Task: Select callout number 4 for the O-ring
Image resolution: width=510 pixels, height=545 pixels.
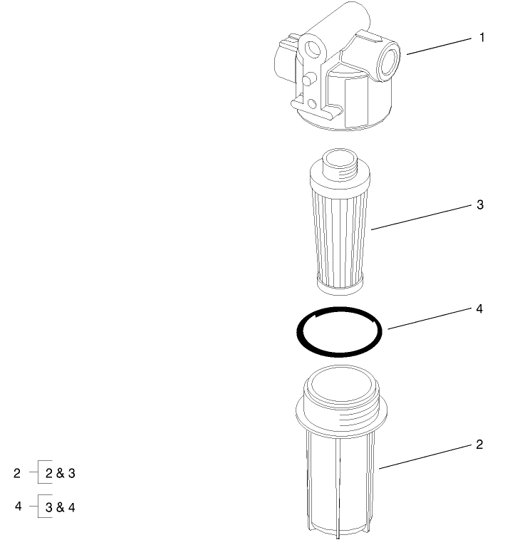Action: coord(479,309)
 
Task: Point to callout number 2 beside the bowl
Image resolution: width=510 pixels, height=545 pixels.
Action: coord(479,445)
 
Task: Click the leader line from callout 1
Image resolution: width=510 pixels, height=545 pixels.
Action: coord(438,45)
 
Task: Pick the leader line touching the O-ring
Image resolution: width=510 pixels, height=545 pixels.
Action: coord(427,319)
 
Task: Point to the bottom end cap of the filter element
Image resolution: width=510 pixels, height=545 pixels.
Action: coord(339,286)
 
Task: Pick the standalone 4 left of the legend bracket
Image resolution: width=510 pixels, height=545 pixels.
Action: coord(19,506)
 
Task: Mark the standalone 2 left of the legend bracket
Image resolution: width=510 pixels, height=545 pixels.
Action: coord(17,472)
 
